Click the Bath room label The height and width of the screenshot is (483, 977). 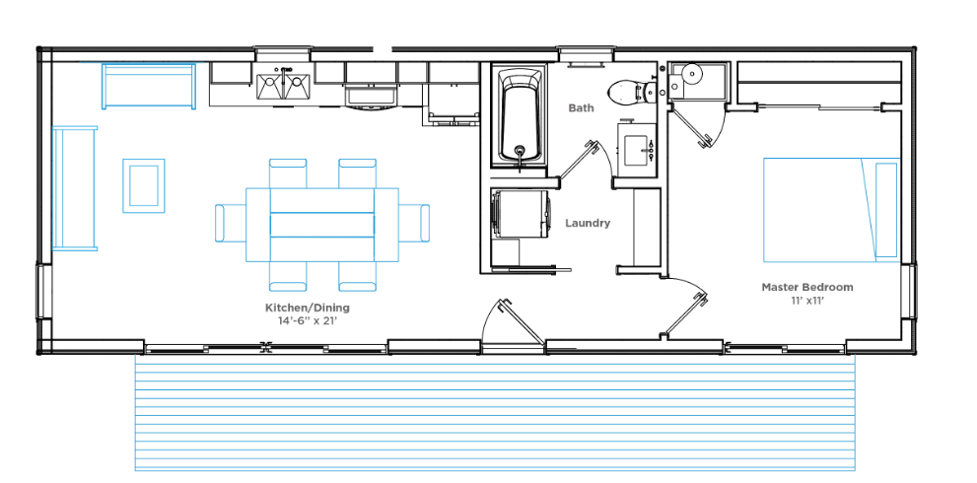[x=581, y=107]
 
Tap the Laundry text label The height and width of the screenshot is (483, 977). [x=588, y=223]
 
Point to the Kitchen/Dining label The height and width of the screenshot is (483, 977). [x=308, y=308]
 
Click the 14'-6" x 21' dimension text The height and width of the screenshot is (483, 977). [x=308, y=321]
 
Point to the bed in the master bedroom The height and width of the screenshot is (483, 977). [x=831, y=209]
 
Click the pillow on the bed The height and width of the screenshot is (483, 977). [x=886, y=209]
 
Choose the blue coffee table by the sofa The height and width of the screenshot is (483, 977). [x=144, y=185]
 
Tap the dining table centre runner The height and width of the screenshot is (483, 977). [x=322, y=225]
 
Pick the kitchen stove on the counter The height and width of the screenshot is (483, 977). [x=372, y=95]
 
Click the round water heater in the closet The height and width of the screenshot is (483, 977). [x=692, y=74]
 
